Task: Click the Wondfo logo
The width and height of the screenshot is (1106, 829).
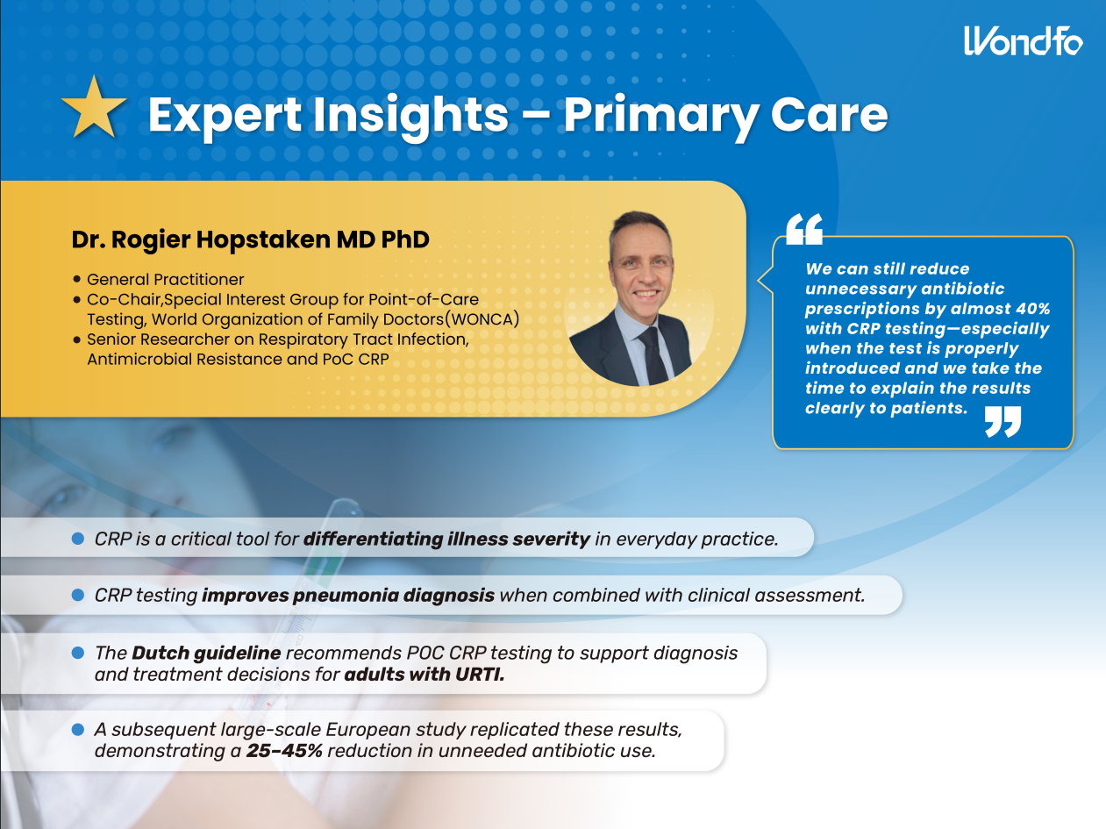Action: click(1023, 41)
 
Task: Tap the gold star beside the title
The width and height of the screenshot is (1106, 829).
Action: click(94, 107)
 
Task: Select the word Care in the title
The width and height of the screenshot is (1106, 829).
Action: click(829, 115)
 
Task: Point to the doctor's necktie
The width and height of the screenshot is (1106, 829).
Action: click(654, 354)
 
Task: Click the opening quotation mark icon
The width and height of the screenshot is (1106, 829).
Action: click(804, 229)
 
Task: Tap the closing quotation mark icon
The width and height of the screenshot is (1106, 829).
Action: click(1003, 421)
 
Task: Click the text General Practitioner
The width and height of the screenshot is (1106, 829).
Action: click(165, 279)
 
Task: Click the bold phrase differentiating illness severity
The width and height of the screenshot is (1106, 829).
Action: click(446, 540)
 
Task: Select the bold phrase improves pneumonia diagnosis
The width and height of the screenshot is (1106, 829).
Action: click(348, 595)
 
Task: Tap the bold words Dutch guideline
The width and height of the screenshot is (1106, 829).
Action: click(206, 654)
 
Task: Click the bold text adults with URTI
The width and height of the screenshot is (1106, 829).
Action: click(425, 675)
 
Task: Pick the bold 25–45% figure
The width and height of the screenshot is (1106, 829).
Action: click(284, 751)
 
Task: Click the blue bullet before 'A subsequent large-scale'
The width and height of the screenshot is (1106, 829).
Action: click(78, 729)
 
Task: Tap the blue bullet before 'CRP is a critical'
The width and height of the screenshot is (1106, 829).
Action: click(78, 539)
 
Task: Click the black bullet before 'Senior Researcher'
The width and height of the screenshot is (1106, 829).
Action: click(76, 339)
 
